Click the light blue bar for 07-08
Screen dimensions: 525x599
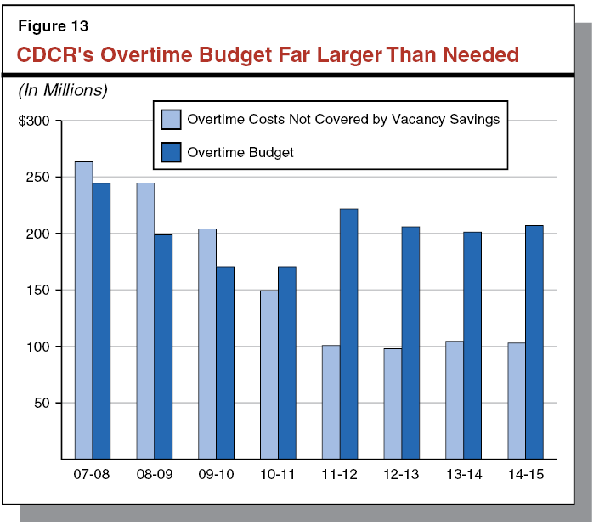pos(83,310)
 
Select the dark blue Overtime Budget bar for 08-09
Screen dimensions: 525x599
pos(163,347)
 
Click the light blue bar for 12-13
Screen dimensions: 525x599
pos(393,404)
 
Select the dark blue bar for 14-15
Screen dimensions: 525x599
pos(534,342)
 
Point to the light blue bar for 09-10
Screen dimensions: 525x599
pos(207,344)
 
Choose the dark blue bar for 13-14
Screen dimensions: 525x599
pos(472,345)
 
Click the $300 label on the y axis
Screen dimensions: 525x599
pos(35,121)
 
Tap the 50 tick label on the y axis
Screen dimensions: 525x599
pos(42,403)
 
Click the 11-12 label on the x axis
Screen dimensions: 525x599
pos(339,474)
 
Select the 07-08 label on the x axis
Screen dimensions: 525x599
pos(92,474)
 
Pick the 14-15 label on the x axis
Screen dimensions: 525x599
pos(525,474)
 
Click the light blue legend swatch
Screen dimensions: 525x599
pos(171,119)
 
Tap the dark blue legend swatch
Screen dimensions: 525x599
pos(171,152)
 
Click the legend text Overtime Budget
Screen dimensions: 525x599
pos(240,153)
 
